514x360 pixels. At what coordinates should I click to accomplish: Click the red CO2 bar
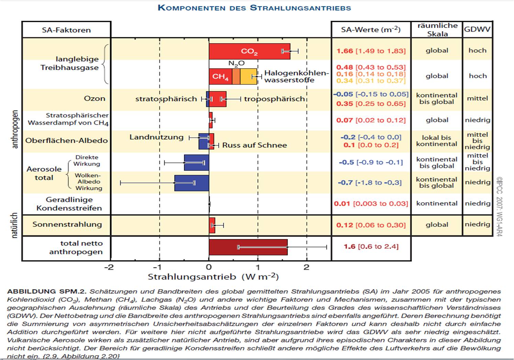pyautogui.click(x=249, y=52)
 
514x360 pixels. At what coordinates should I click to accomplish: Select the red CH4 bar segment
pyautogui.click(x=220, y=76)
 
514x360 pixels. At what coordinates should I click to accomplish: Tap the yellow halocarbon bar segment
pyautogui.click(x=248, y=76)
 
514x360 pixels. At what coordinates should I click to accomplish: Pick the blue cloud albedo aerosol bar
pyautogui.click(x=192, y=183)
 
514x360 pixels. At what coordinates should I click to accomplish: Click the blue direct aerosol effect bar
pyautogui.click(x=197, y=163)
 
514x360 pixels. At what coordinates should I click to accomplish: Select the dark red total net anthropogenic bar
pyautogui.click(x=248, y=247)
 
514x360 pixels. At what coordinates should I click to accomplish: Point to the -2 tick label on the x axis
pyautogui.click(x=109, y=267)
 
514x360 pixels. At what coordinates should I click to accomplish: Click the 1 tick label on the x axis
pyautogui.click(x=258, y=267)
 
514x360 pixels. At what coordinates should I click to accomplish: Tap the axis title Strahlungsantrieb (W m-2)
pyautogui.click(x=213, y=277)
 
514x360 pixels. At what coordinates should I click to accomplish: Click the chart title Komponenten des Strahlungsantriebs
pyautogui.click(x=254, y=8)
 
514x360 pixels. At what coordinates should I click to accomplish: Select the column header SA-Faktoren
pyautogui.click(x=66, y=30)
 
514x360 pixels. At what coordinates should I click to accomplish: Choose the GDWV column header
pyautogui.click(x=477, y=29)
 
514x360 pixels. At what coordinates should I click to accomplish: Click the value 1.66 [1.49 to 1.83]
pyautogui.click(x=371, y=51)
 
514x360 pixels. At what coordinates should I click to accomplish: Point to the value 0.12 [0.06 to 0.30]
pyautogui.click(x=371, y=225)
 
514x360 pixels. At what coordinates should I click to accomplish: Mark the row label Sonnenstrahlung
pyautogui.click(x=67, y=224)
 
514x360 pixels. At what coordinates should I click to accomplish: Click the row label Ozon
pyautogui.click(x=94, y=99)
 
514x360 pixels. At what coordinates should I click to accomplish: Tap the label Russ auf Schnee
pyautogui.click(x=255, y=145)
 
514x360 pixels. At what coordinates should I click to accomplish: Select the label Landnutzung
pyautogui.click(x=156, y=137)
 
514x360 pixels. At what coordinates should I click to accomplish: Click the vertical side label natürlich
pyautogui.click(x=14, y=225)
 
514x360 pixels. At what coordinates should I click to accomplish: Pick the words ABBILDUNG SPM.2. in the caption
pyautogui.click(x=47, y=291)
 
